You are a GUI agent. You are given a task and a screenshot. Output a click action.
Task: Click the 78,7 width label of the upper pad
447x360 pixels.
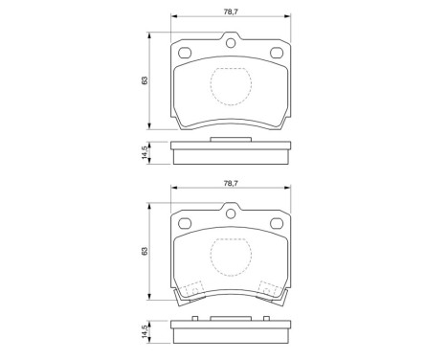pyautogui.click(x=229, y=12)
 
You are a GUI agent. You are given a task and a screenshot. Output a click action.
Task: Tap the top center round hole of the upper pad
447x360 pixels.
pyautogui.click(x=230, y=40)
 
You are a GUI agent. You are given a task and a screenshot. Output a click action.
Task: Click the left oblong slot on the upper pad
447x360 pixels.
pyautogui.click(x=182, y=53)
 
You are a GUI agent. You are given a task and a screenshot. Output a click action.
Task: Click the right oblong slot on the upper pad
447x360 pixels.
pyautogui.click(x=278, y=53)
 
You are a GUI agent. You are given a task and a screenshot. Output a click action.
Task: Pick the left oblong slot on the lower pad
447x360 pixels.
pyautogui.click(x=182, y=224)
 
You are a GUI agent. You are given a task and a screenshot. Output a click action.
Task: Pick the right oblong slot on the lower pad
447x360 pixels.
pyautogui.click(x=278, y=224)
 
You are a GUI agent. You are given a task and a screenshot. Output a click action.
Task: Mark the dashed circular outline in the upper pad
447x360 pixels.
pyautogui.click(x=229, y=87)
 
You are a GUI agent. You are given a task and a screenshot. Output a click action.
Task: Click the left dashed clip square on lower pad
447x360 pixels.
pyautogui.click(x=192, y=288)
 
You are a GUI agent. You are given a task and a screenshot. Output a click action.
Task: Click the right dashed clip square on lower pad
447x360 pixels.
pyautogui.click(x=269, y=288)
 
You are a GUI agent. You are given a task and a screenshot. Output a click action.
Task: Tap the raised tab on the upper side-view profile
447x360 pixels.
pyautogui.click(x=230, y=140)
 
